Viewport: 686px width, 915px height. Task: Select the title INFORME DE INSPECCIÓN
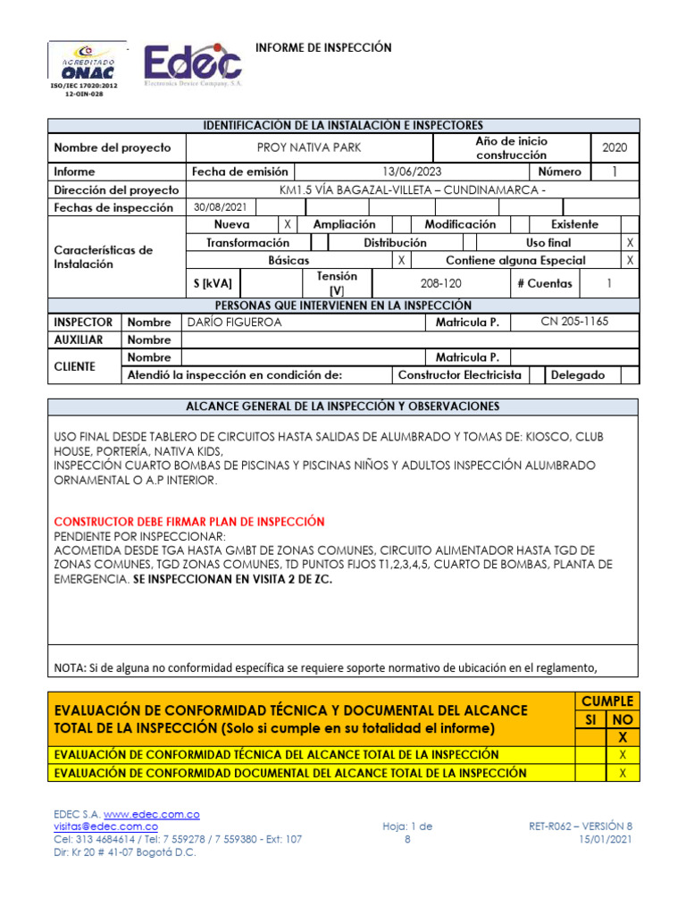(x=323, y=47)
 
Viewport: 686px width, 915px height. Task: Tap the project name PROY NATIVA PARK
(x=308, y=147)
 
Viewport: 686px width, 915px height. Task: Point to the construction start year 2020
(x=615, y=147)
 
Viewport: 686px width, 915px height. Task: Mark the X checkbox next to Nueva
(x=287, y=225)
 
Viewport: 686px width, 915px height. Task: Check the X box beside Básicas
(x=403, y=260)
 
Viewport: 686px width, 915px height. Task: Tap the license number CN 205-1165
(x=574, y=322)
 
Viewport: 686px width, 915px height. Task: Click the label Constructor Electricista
(x=459, y=375)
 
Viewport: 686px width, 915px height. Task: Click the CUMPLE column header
(x=607, y=701)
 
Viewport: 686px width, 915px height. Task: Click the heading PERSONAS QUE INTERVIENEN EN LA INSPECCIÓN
(x=344, y=305)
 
